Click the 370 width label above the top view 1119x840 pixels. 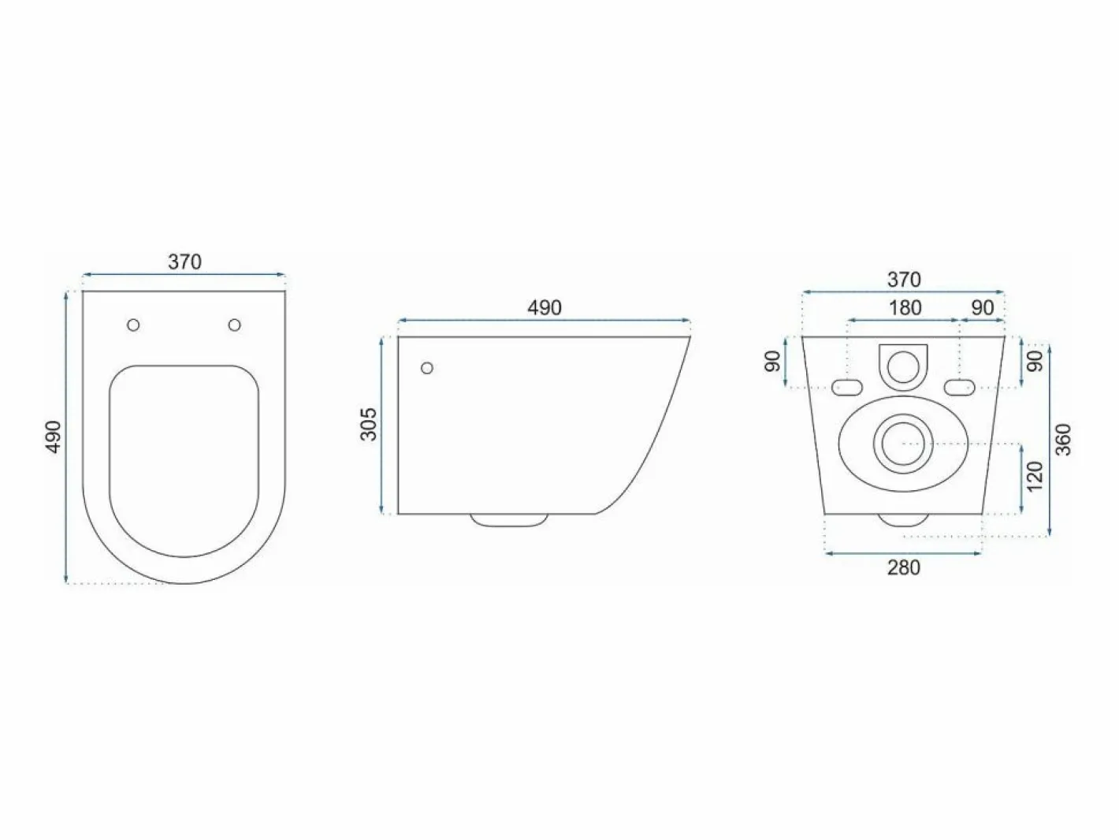(x=184, y=262)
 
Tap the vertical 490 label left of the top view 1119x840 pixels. (x=54, y=437)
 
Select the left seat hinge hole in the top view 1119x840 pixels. (x=133, y=325)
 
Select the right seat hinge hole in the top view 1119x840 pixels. (x=235, y=325)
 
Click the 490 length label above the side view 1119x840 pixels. (x=545, y=308)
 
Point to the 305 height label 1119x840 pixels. (x=369, y=424)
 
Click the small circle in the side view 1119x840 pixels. (x=427, y=367)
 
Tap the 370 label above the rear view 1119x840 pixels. (x=905, y=279)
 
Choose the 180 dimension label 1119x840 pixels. (x=905, y=308)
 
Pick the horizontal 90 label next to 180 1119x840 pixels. (x=983, y=308)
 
